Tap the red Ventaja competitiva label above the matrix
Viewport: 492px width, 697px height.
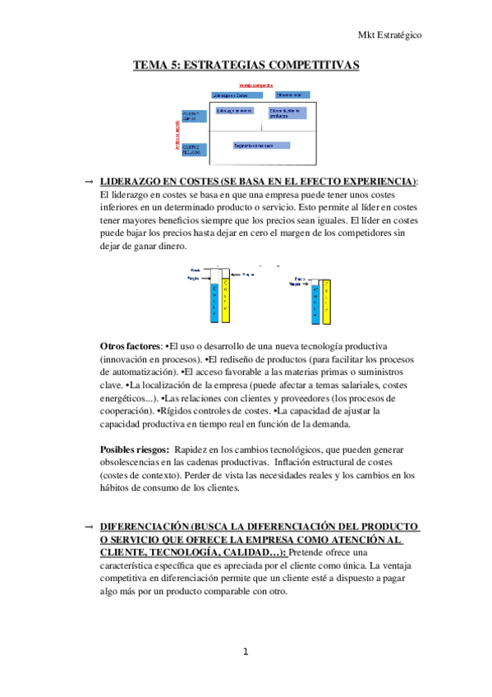[x=256, y=85]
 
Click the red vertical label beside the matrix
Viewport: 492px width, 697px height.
[x=177, y=132]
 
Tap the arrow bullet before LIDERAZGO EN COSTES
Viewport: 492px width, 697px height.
[x=89, y=180]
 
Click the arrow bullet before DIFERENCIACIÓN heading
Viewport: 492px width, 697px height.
[x=89, y=525]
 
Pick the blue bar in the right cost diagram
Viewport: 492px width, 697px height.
[x=315, y=299]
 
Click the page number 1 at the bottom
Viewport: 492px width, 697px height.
[x=245, y=653]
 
